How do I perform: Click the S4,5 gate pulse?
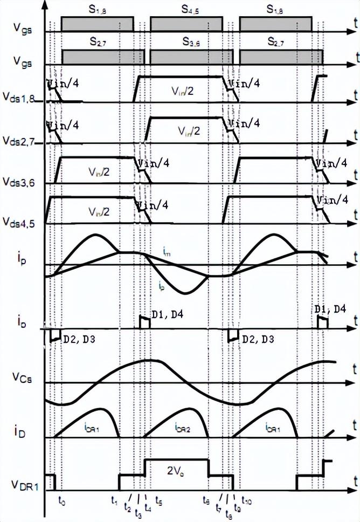pyautogui.click(x=185, y=24)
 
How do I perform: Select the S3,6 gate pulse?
pyautogui.click(x=191, y=56)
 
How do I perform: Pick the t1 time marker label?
pyautogui.click(x=114, y=500)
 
